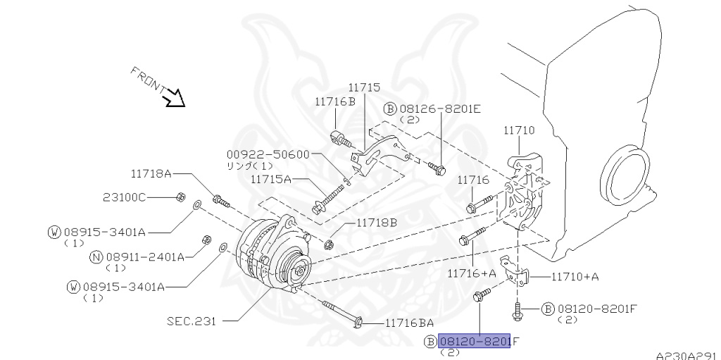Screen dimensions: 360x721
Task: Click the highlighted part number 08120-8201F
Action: [474, 342]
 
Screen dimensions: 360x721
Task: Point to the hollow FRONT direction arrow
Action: [173, 98]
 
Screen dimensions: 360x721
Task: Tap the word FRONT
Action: [146, 80]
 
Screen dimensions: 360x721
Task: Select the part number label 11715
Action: [364, 88]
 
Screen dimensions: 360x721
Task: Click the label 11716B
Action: [335, 102]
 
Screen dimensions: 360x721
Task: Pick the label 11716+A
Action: [472, 272]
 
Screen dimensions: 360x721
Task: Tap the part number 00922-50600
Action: [268, 154]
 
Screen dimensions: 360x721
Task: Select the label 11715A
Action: [271, 180]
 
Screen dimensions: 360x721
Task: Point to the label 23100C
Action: [124, 197]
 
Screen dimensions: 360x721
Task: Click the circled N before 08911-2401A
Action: [97, 256]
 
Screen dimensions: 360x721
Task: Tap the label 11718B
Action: [376, 223]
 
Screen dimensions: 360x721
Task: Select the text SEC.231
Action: [191, 321]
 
